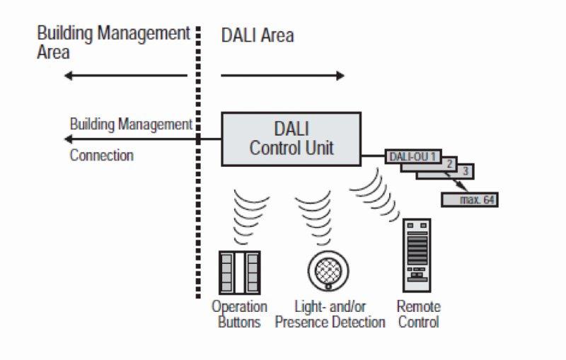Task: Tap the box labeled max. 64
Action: [x=469, y=200]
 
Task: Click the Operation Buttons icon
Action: [x=240, y=272]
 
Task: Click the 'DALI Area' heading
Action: [x=258, y=35]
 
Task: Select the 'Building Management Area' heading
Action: [x=113, y=42]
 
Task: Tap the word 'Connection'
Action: [x=101, y=155]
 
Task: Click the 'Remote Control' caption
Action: [x=418, y=315]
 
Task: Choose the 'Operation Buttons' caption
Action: [x=240, y=315]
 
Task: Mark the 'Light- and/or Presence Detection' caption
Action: [x=330, y=315]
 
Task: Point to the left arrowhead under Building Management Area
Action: [x=67, y=75]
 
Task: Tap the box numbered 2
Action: [x=447, y=163]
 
